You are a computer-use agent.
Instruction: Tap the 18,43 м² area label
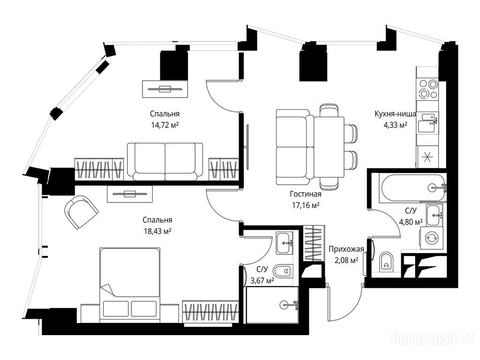(x=157, y=231)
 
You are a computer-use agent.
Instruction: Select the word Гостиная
(x=306, y=194)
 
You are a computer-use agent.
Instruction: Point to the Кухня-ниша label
(x=395, y=114)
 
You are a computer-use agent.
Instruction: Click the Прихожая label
(x=346, y=249)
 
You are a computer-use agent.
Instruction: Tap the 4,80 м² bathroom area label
(x=411, y=222)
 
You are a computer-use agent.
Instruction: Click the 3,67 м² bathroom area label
(x=262, y=280)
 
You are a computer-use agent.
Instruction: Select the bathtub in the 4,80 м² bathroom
(x=412, y=187)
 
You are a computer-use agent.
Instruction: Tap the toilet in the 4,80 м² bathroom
(x=386, y=262)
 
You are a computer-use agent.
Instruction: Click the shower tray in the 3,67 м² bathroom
(x=272, y=305)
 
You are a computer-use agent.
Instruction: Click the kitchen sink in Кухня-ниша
(x=428, y=123)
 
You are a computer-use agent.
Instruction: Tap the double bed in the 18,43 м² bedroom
(x=129, y=285)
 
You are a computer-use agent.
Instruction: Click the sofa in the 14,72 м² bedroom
(x=165, y=162)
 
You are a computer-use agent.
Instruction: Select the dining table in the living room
(x=329, y=147)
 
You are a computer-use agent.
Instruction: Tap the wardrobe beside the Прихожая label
(x=314, y=243)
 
